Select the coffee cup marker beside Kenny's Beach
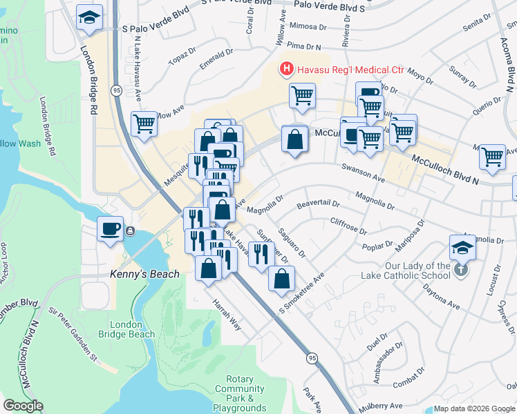point(111,228)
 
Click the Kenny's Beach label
point(144,274)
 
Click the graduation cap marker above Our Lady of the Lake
point(462,247)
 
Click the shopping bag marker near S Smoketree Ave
point(281,279)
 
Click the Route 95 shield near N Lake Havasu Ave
point(116,90)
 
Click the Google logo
point(23,406)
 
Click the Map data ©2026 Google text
point(474,408)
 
